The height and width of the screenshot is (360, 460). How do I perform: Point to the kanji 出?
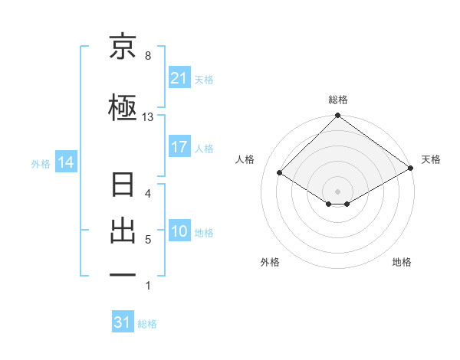tap(123, 232)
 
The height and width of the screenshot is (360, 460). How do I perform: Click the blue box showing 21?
tap(179, 78)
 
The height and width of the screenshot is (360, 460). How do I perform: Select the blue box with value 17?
tap(179, 148)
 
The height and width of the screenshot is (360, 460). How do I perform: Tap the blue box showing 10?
tap(179, 232)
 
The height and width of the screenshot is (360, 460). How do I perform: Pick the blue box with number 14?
tap(65, 162)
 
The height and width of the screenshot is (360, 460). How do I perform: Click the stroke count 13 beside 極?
tap(148, 117)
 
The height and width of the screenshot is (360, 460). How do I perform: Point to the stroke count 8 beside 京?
tap(148, 56)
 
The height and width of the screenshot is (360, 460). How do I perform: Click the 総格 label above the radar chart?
tap(338, 100)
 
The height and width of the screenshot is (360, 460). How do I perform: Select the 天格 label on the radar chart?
tap(431, 159)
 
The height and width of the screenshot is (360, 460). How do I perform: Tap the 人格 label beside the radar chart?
tap(245, 159)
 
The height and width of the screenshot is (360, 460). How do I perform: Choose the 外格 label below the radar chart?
tap(270, 262)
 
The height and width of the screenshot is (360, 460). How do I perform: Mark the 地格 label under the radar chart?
tap(402, 262)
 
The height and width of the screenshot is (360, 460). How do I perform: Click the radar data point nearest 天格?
tap(411, 168)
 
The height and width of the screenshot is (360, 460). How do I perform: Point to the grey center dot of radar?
tap(338, 191)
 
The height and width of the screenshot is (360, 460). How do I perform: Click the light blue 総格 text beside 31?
tap(148, 324)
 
